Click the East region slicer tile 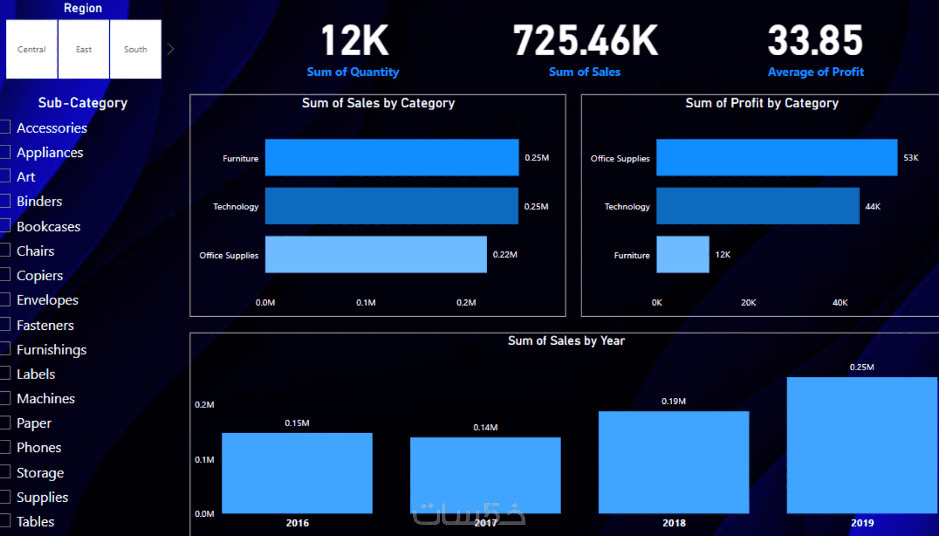point(83,49)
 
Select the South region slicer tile point(135,49)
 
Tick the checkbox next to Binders point(5,201)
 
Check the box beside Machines point(5,398)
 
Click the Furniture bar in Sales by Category point(392,157)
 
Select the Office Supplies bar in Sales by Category point(376,254)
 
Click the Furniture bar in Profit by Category point(682,254)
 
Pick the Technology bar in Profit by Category point(757,206)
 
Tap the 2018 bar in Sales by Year point(673,462)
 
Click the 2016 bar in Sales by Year point(297,473)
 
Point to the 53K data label point(911,157)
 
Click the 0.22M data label point(505,254)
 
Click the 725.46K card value point(585,41)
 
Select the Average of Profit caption point(816,72)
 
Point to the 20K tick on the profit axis point(748,302)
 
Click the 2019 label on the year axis point(862,523)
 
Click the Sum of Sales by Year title point(566,340)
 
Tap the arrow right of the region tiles point(171,49)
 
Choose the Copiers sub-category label point(40,275)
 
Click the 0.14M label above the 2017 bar point(485,427)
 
